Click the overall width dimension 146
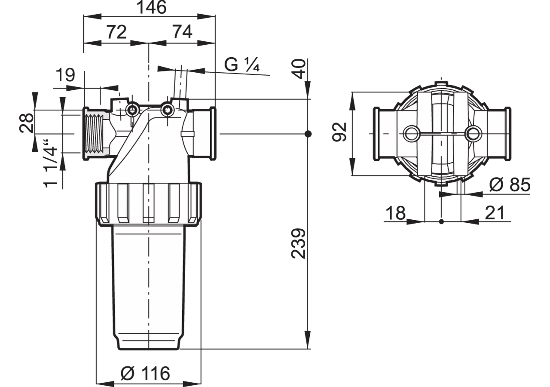point(152,7)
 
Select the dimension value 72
point(116,32)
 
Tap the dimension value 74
point(182,32)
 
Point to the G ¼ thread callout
point(242,64)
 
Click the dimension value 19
point(65,75)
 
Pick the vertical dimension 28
point(27,123)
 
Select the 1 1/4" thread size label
point(50,164)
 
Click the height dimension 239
point(298,244)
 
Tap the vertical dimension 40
point(299,69)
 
